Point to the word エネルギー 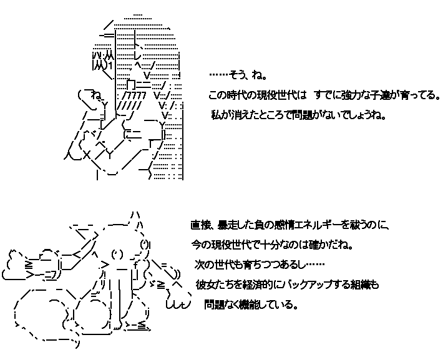[317, 225]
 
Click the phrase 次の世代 [215, 264]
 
